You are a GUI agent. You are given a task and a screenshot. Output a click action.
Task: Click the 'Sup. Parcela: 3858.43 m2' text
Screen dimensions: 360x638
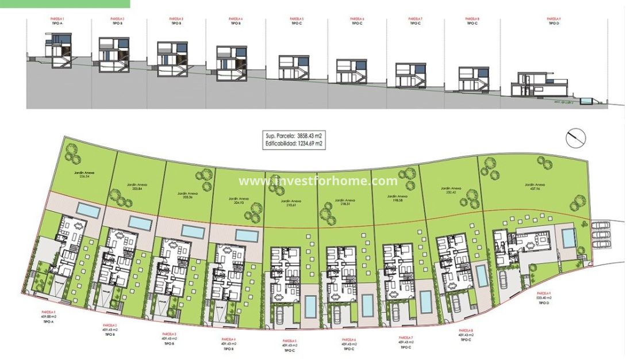click(x=294, y=136)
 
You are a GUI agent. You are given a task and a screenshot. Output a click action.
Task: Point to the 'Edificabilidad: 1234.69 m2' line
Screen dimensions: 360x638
click(x=294, y=144)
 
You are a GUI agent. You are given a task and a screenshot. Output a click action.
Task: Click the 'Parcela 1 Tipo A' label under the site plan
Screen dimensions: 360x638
click(x=47, y=318)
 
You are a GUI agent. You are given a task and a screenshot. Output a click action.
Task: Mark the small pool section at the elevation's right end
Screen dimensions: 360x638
click(x=586, y=101)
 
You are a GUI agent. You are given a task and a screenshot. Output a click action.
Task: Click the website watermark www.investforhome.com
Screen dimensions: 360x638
click(x=318, y=181)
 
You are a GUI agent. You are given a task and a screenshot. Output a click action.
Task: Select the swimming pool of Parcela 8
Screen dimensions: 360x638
click(x=482, y=277)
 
